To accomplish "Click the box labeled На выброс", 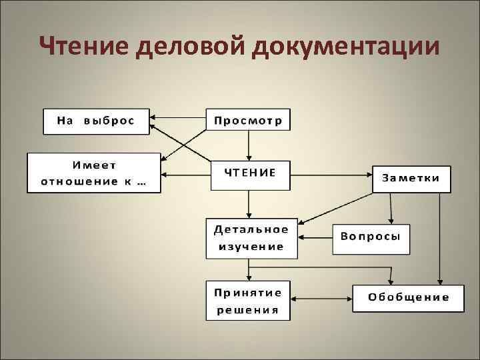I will (96, 121).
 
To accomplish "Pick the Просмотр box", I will (248, 121).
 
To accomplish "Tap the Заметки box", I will (411, 178).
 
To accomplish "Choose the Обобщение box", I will (409, 297).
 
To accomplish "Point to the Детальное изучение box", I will (248, 237).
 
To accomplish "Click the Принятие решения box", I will (248, 301).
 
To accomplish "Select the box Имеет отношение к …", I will (93, 173).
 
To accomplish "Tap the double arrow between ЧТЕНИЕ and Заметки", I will (331, 175).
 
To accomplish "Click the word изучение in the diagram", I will (248, 246).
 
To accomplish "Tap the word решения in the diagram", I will (247, 310).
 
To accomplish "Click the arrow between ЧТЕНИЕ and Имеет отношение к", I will (186, 175).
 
